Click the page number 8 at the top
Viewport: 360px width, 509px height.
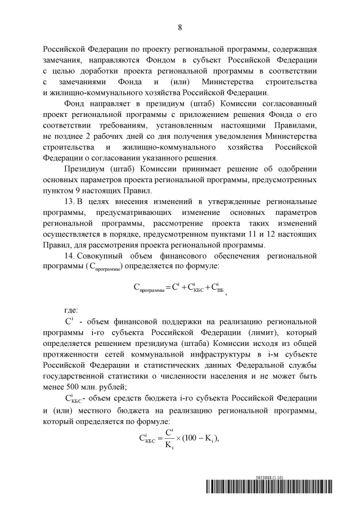(180, 28)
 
